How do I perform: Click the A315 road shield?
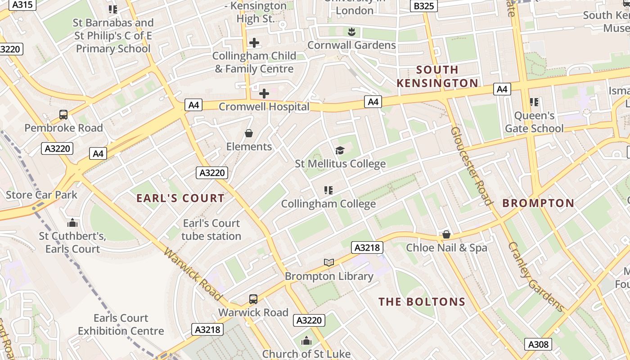pyautogui.click(x=22, y=4)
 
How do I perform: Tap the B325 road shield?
pyautogui.click(x=423, y=6)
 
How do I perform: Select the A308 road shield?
pyautogui.click(x=538, y=345)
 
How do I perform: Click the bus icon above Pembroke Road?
pyautogui.click(x=63, y=115)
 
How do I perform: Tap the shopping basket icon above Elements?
pyautogui.click(x=248, y=133)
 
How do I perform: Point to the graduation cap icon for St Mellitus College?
pyautogui.click(x=340, y=150)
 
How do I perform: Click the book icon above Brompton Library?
pyautogui.click(x=329, y=262)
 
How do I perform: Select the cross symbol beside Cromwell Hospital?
pyautogui.click(x=264, y=94)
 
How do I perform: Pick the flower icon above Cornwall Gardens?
pyautogui.click(x=351, y=31)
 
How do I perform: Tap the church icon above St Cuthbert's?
pyautogui.click(x=72, y=223)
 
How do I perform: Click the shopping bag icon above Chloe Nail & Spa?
pyautogui.click(x=446, y=234)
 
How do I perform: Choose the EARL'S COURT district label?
pyautogui.click(x=180, y=198)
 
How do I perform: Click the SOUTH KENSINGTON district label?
pyautogui.click(x=437, y=76)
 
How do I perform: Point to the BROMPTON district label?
pyautogui.click(x=538, y=203)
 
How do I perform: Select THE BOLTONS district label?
pyautogui.click(x=422, y=302)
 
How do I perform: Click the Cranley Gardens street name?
pyautogui.click(x=535, y=277)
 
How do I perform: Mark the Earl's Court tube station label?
pyautogui.click(x=211, y=229)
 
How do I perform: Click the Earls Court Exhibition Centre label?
pyautogui.click(x=121, y=324)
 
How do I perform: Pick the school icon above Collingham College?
pyautogui.click(x=328, y=190)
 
